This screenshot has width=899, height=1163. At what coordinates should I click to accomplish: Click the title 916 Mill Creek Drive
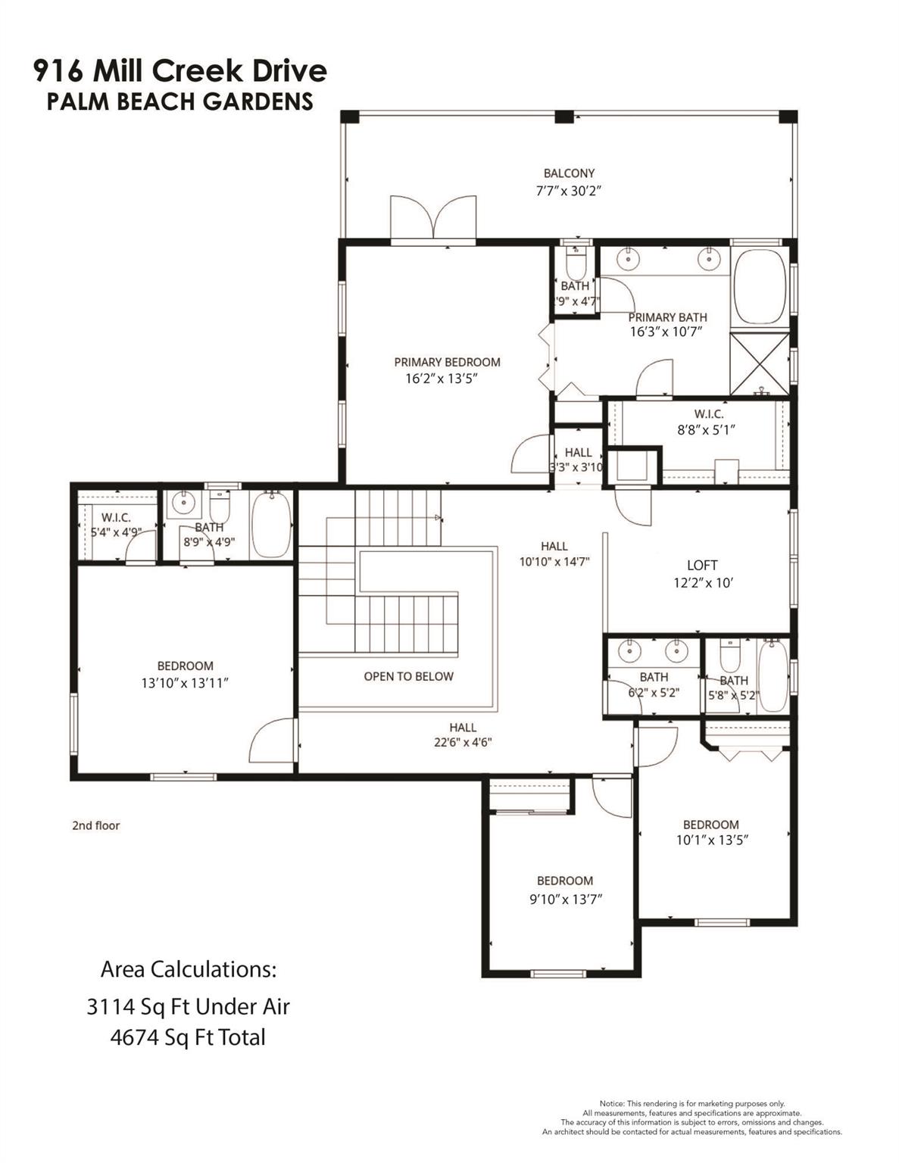[180, 71]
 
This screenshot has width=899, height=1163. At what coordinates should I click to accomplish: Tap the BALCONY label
[569, 173]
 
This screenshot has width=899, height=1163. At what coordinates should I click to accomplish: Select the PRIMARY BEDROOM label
[447, 362]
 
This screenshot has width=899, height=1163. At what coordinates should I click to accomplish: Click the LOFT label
[701, 565]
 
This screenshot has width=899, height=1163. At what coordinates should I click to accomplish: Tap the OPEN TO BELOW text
[408, 676]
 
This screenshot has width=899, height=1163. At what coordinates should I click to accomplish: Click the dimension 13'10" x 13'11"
[185, 682]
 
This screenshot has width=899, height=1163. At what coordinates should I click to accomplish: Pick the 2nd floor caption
[96, 825]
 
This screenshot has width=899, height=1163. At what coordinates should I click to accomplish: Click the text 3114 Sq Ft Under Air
[188, 1006]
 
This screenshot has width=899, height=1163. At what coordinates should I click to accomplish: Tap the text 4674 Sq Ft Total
[188, 1037]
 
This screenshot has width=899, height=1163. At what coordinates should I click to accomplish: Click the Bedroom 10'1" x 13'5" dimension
[711, 840]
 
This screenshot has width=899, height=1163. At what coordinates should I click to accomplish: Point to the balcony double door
[432, 219]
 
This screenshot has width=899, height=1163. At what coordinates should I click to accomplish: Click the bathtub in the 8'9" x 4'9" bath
[270, 524]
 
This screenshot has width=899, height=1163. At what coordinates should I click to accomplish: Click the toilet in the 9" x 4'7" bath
[576, 262]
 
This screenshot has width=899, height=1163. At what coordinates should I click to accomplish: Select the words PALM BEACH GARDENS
[180, 101]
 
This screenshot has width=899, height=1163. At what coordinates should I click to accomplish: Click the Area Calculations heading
[189, 969]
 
